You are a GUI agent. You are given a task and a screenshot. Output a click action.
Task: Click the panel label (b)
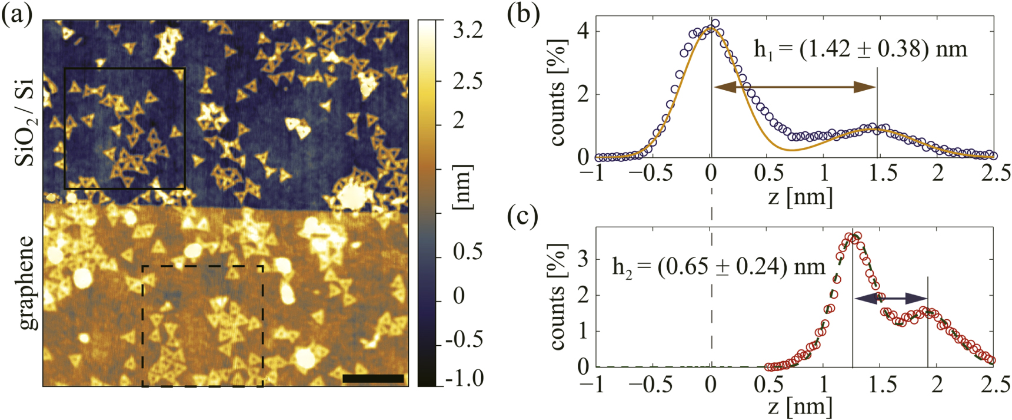[x=523, y=14]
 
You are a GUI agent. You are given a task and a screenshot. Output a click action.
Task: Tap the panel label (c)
[x=523, y=216]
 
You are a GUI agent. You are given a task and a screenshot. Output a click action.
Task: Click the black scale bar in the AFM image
[x=373, y=379]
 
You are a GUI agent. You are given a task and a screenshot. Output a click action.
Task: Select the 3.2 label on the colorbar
[x=468, y=29]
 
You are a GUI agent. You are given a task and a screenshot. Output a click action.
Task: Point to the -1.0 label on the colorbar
[x=464, y=378]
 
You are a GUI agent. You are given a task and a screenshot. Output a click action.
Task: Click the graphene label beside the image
[x=26, y=283]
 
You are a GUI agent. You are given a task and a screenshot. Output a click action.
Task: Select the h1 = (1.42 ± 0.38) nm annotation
[x=860, y=48]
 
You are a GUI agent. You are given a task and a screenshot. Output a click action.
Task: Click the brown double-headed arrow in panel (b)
[x=794, y=87]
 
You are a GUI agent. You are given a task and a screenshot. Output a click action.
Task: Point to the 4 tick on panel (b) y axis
[x=584, y=31]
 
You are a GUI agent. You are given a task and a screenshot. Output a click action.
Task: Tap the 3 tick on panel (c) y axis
[x=584, y=259]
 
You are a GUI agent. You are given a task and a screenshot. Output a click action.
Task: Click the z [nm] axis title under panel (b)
[x=800, y=196]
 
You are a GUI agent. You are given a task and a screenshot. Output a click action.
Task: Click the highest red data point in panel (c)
[x=856, y=236]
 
